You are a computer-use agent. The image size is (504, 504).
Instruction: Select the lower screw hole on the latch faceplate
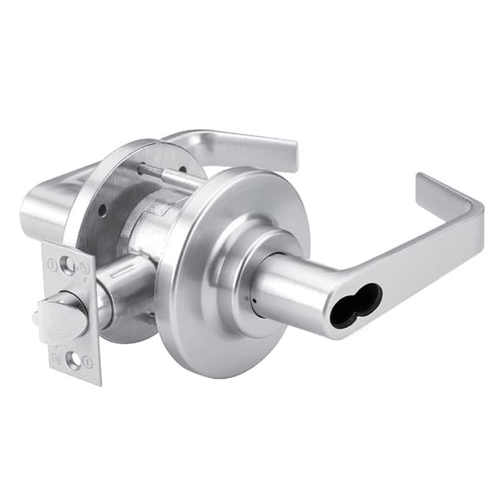(x=73, y=361)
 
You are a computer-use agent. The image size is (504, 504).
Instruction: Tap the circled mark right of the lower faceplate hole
(x=88, y=362)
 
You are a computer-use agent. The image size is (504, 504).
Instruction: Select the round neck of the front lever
(x=283, y=287)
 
